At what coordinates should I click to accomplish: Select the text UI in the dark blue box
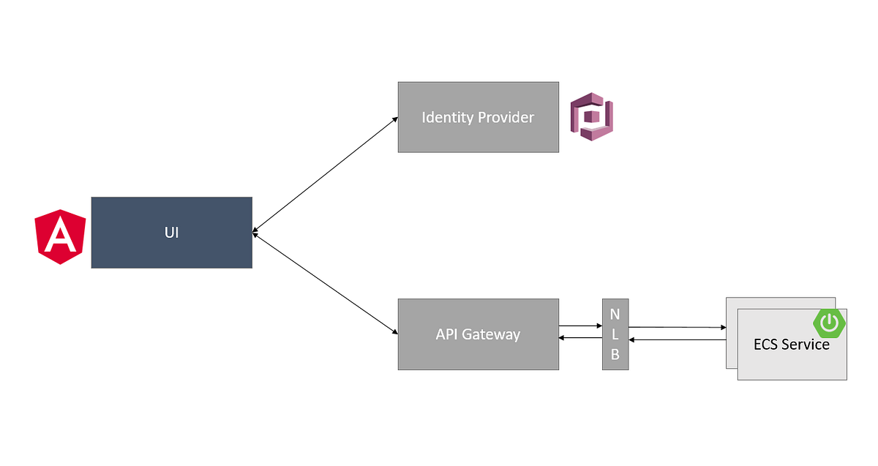coord(171,233)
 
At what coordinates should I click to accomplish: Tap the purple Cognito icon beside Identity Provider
coord(591,116)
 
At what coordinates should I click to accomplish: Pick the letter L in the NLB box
coord(615,334)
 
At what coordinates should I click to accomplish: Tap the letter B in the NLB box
coord(615,356)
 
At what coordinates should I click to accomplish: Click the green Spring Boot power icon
coord(829,323)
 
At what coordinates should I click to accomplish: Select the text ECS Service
coord(792,345)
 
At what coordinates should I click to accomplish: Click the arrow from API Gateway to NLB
coord(580,326)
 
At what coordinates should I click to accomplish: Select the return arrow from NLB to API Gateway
coord(580,338)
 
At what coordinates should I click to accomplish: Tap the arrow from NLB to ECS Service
coord(677,327)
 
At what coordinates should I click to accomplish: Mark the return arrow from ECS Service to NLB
coord(677,340)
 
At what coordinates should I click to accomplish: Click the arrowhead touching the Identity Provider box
coord(394,119)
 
